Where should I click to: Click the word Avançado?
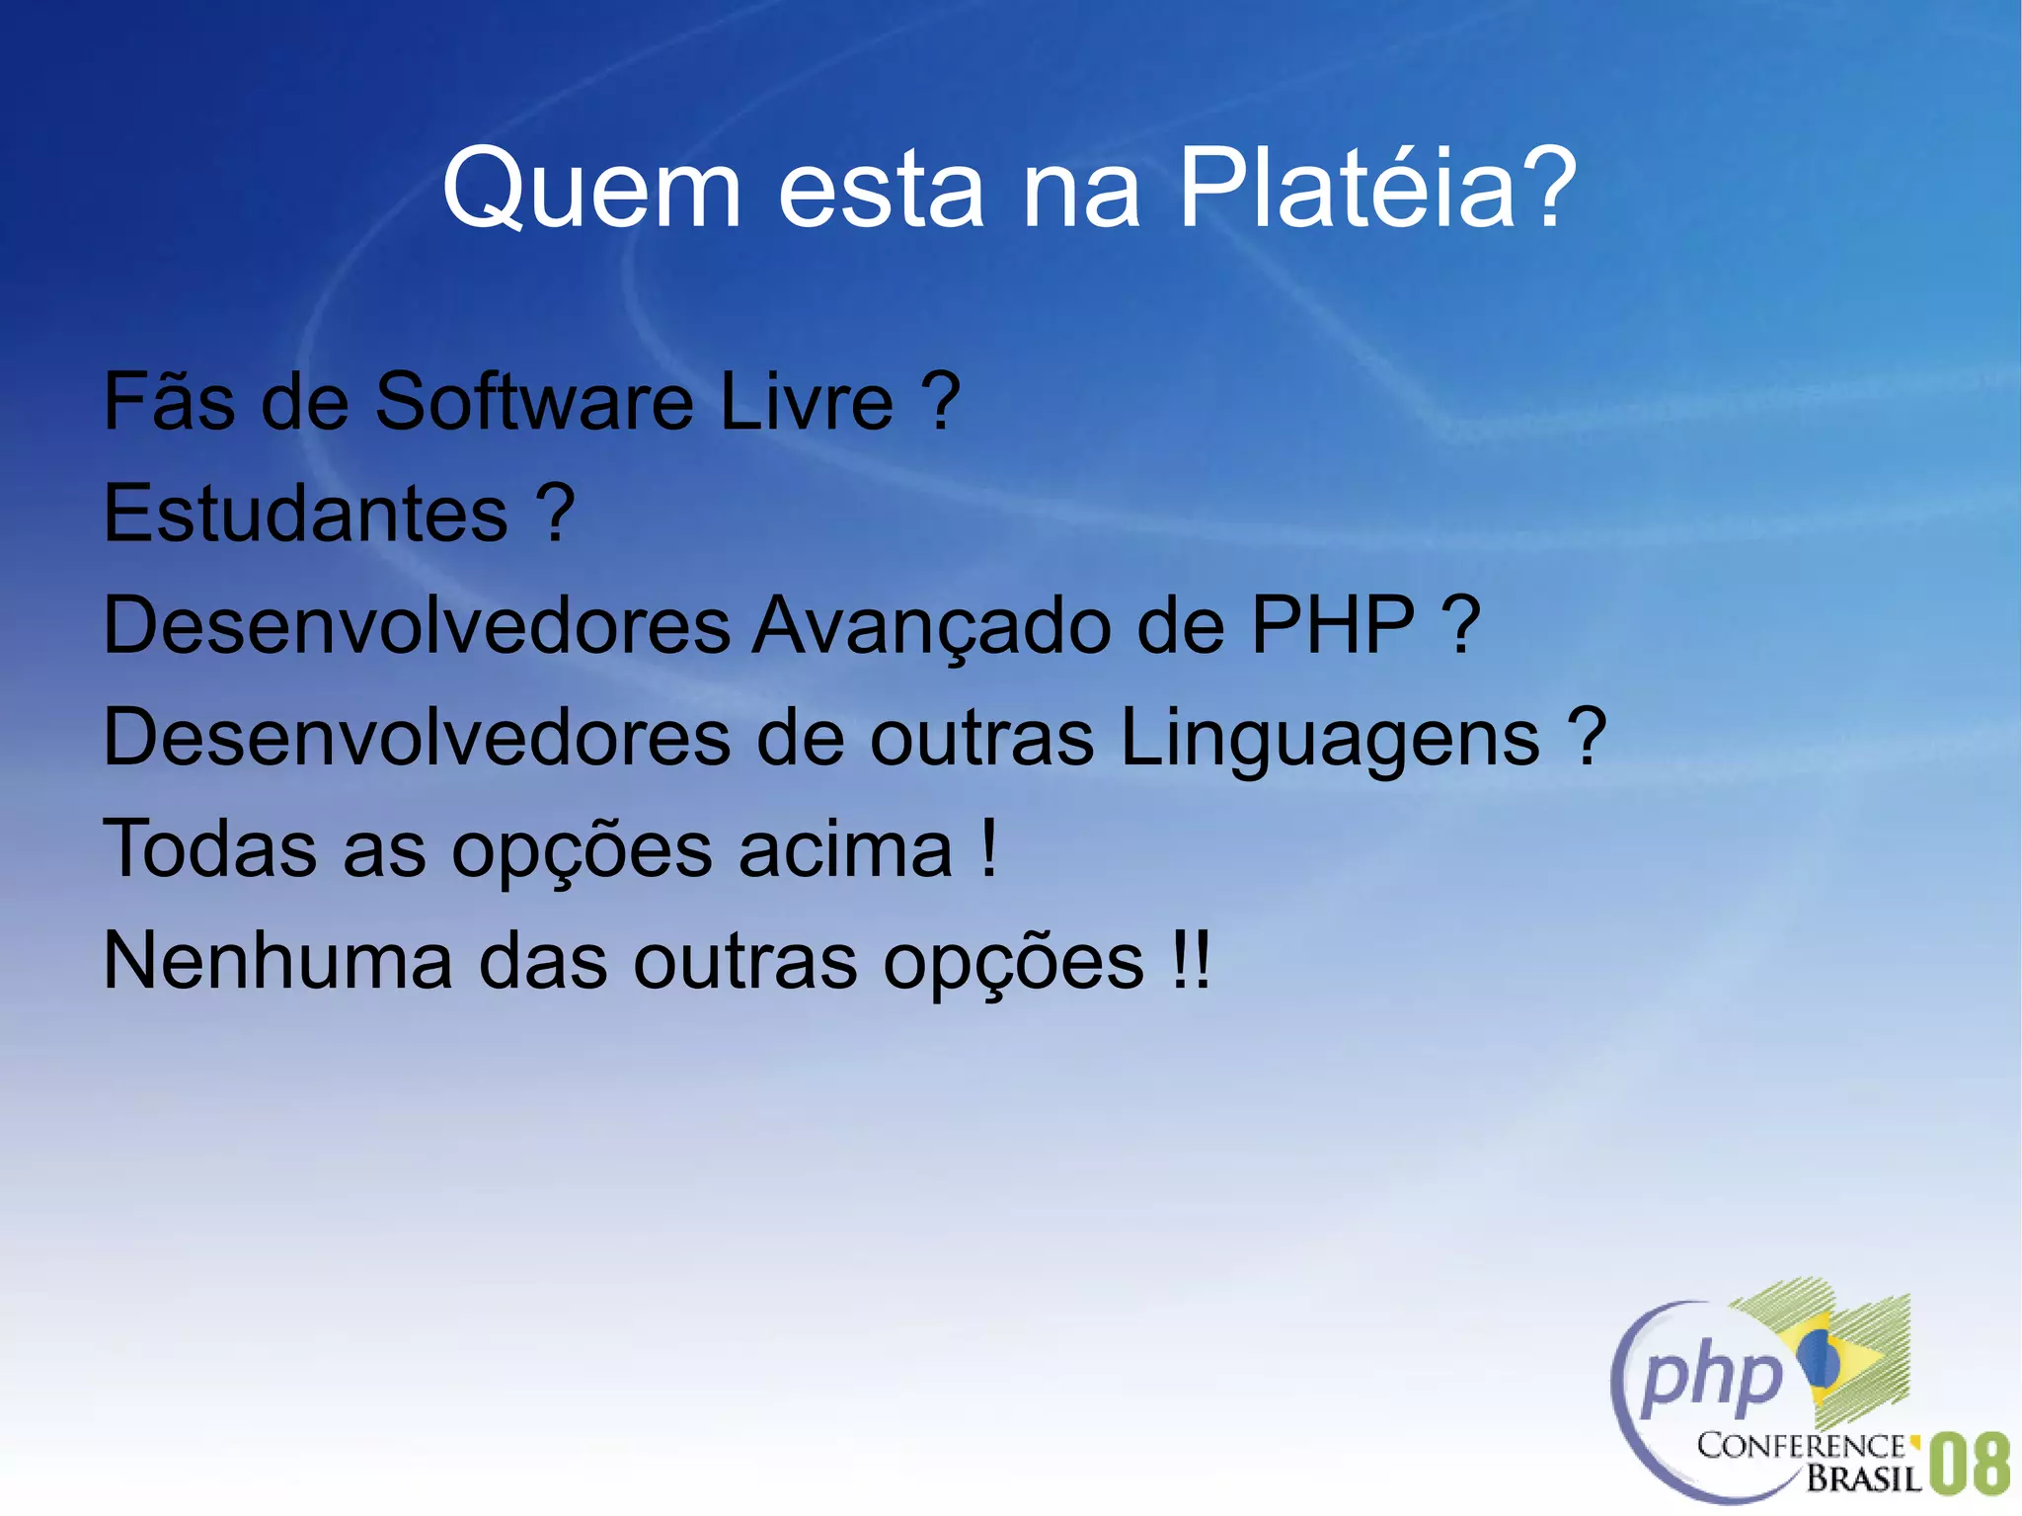click(x=932, y=626)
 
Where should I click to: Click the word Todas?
click(x=209, y=849)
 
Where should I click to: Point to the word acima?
click(x=845, y=849)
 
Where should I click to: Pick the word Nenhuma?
click(x=277, y=961)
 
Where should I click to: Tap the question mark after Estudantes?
click(x=555, y=514)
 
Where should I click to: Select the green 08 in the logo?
click(x=1970, y=1464)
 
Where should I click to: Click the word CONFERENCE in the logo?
click(x=1801, y=1446)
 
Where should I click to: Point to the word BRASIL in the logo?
click(x=1864, y=1477)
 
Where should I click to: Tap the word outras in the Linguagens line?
click(x=981, y=738)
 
